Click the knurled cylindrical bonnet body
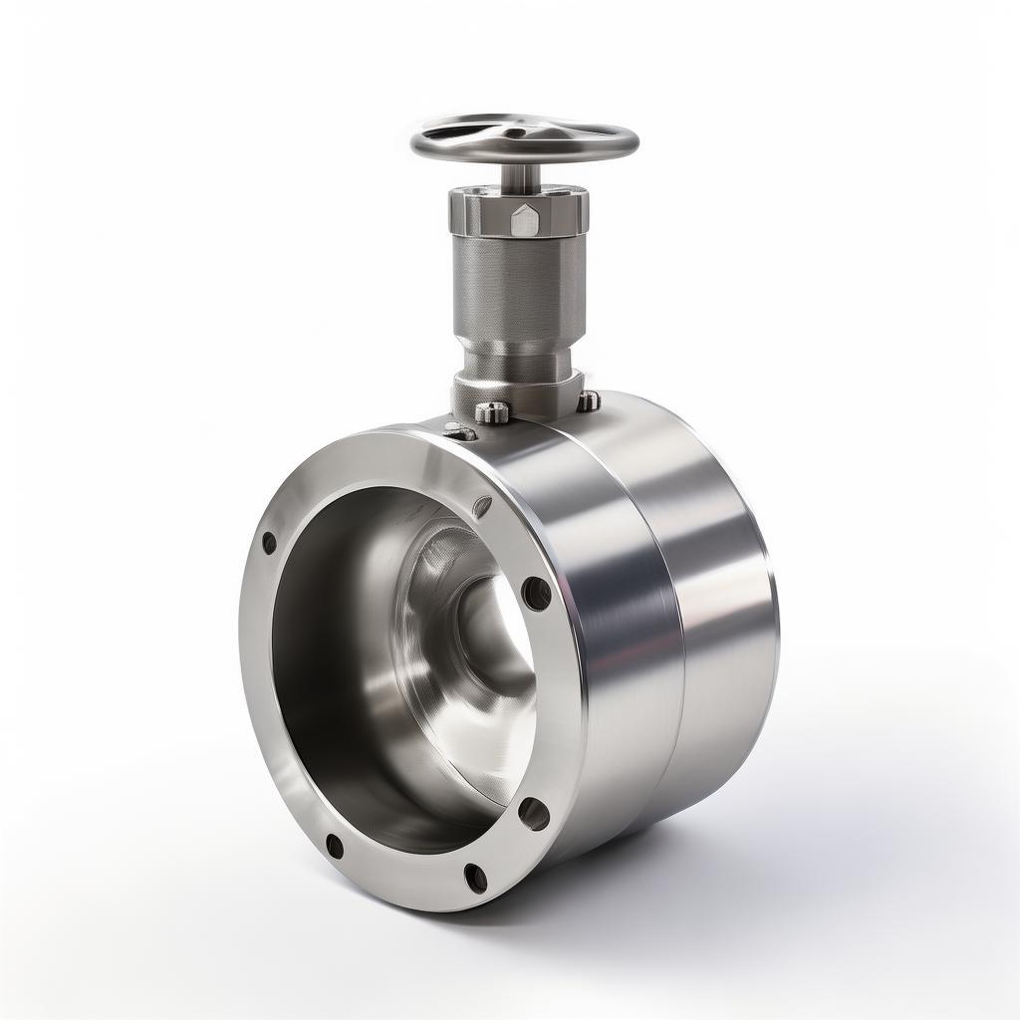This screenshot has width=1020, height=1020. point(519,289)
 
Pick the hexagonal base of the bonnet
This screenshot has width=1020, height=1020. point(518,390)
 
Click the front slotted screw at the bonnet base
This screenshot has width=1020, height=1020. point(491,411)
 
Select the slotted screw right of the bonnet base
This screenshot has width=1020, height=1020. point(589,400)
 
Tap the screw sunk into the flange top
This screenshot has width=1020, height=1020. point(458,431)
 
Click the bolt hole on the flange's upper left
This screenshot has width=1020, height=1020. point(269,543)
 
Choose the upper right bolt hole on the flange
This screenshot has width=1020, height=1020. point(536,594)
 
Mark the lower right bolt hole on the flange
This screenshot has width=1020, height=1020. point(534,813)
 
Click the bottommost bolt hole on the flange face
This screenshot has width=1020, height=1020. point(476,877)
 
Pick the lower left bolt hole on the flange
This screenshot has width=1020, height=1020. point(335,847)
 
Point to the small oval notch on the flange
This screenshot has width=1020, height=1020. point(483,505)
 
